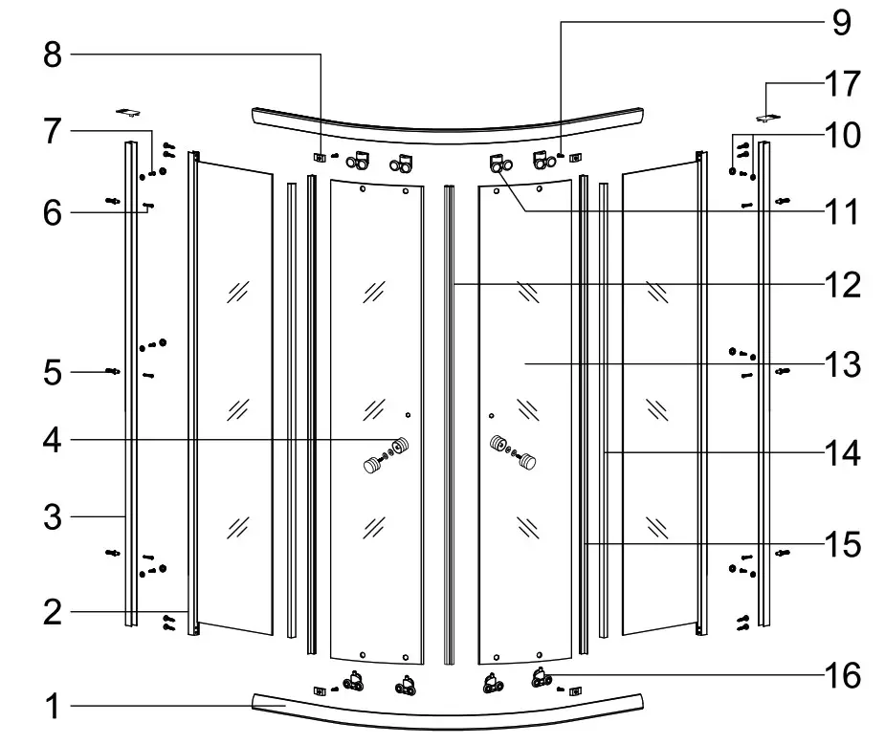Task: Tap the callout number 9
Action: click(x=841, y=21)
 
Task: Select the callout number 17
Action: click(x=841, y=85)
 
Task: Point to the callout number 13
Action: click(x=841, y=364)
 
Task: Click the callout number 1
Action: click(x=53, y=708)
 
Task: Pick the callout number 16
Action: click(x=841, y=674)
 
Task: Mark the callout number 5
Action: click(x=53, y=371)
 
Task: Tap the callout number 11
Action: click(x=841, y=211)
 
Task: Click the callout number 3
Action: click(x=53, y=517)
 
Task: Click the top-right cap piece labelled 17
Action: click(x=767, y=118)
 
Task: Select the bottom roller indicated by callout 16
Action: click(x=542, y=678)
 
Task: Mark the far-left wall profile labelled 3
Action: click(x=129, y=383)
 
